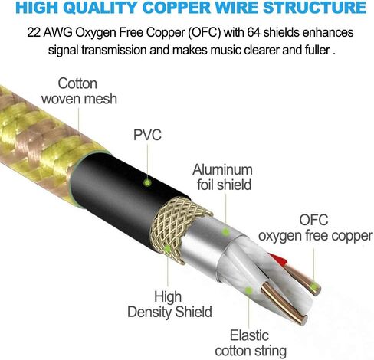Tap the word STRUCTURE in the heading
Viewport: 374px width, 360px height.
tap(314, 8)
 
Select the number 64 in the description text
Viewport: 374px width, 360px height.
tap(254, 32)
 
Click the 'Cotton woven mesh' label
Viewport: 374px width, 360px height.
tap(79, 91)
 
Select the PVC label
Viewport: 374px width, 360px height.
tap(147, 135)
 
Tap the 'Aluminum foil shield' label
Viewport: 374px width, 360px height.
tap(223, 177)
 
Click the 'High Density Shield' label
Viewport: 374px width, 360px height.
tap(169, 304)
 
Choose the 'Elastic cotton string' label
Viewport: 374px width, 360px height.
tap(251, 343)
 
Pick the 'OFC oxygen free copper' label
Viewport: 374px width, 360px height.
tap(315, 228)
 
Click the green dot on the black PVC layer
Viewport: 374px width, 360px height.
tap(147, 182)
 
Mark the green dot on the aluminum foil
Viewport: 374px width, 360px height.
tap(225, 232)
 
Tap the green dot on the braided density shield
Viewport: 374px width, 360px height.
tap(167, 248)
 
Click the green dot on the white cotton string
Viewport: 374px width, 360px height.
tap(248, 290)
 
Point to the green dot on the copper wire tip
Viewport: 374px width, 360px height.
tap(313, 288)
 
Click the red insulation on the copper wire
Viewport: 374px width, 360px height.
tap(278, 260)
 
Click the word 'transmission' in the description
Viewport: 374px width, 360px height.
tap(114, 50)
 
